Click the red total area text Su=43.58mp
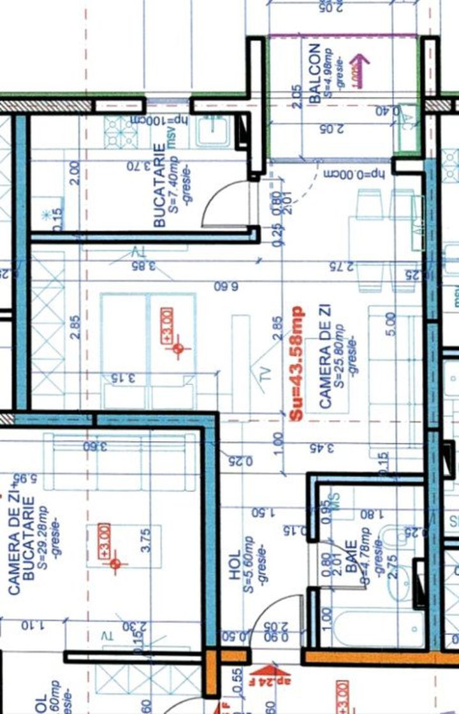point(296,363)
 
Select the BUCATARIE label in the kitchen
point(159,185)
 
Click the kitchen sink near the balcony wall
point(213,131)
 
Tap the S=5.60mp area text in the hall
point(249,569)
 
